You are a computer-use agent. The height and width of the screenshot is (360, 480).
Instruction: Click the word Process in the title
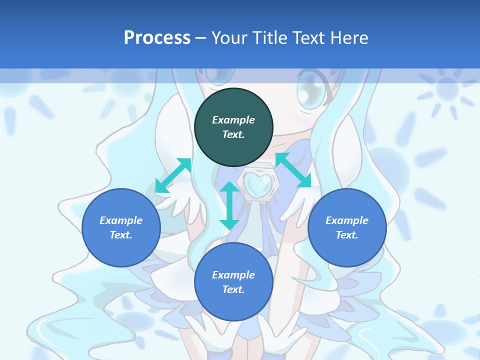click(157, 37)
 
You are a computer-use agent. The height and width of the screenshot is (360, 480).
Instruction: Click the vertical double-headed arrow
click(229, 205)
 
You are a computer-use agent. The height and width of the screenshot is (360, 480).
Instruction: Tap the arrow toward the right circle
click(293, 170)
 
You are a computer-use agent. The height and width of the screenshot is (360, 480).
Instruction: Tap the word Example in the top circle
click(233, 120)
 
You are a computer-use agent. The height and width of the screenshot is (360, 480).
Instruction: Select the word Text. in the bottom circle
click(233, 289)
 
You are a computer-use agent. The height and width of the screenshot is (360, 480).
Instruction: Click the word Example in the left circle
click(121, 220)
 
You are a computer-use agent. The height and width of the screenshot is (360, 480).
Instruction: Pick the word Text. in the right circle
click(347, 235)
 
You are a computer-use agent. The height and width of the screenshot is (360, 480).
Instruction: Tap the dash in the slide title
click(201, 38)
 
